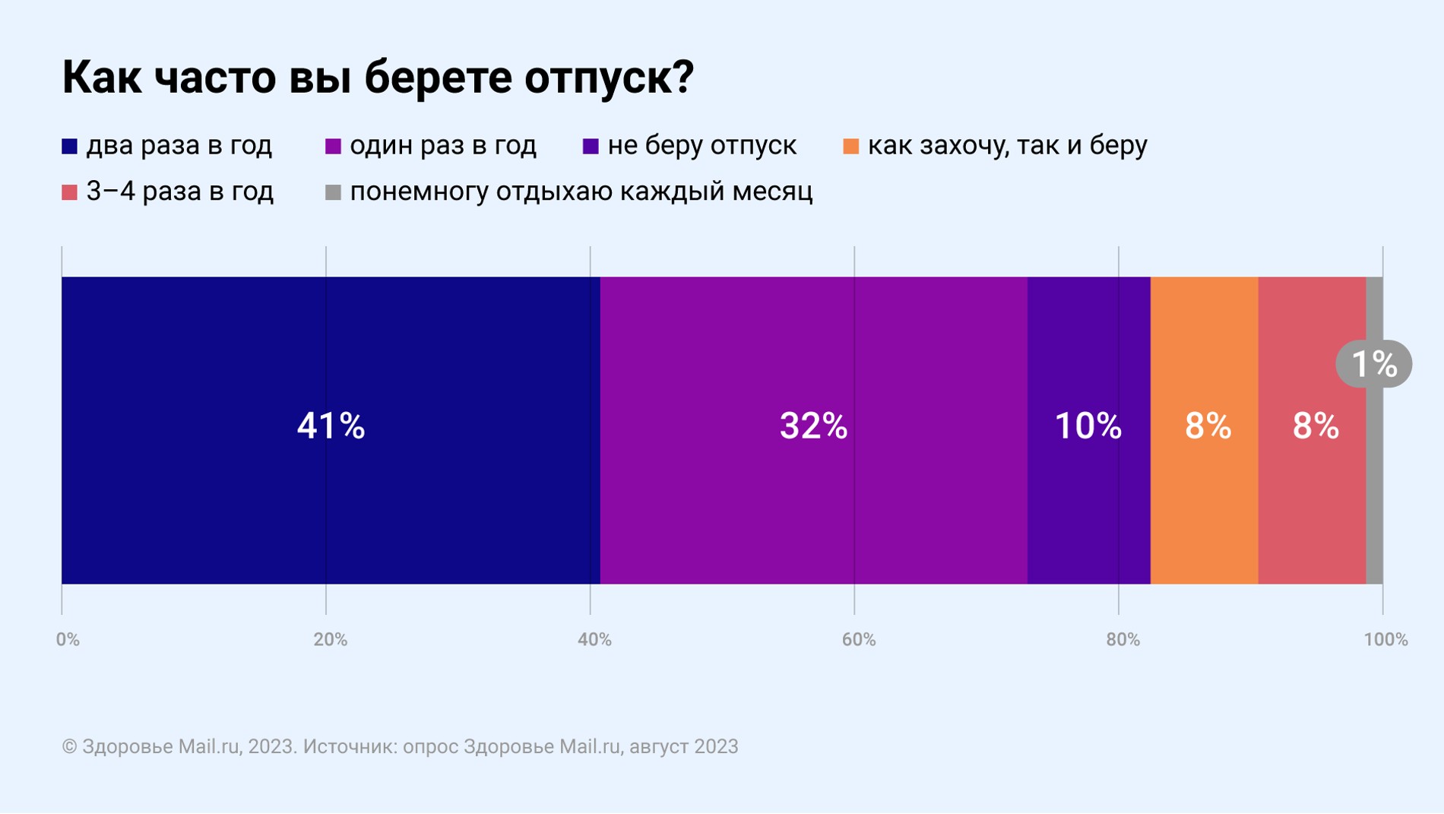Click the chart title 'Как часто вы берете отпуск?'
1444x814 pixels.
[x=378, y=78]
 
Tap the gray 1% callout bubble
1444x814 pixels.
[x=1374, y=364]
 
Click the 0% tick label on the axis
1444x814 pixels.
[x=68, y=640]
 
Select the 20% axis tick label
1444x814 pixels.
[x=331, y=640]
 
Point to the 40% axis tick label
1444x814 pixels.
[x=594, y=640]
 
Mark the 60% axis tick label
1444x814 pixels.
[x=859, y=640]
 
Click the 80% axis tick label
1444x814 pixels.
[x=1123, y=640]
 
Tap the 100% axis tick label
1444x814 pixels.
[x=1385, y=640]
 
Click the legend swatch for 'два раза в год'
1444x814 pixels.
[x=70, y=147]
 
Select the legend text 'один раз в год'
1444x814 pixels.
[x=443, y=146]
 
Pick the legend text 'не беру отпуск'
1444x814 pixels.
[x=702, y=146]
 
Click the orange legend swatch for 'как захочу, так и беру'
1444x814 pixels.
[x=851, y=147]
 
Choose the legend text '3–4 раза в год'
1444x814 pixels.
[x=180, y=192]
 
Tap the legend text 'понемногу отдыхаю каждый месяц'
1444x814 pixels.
[x=581, y=192]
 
